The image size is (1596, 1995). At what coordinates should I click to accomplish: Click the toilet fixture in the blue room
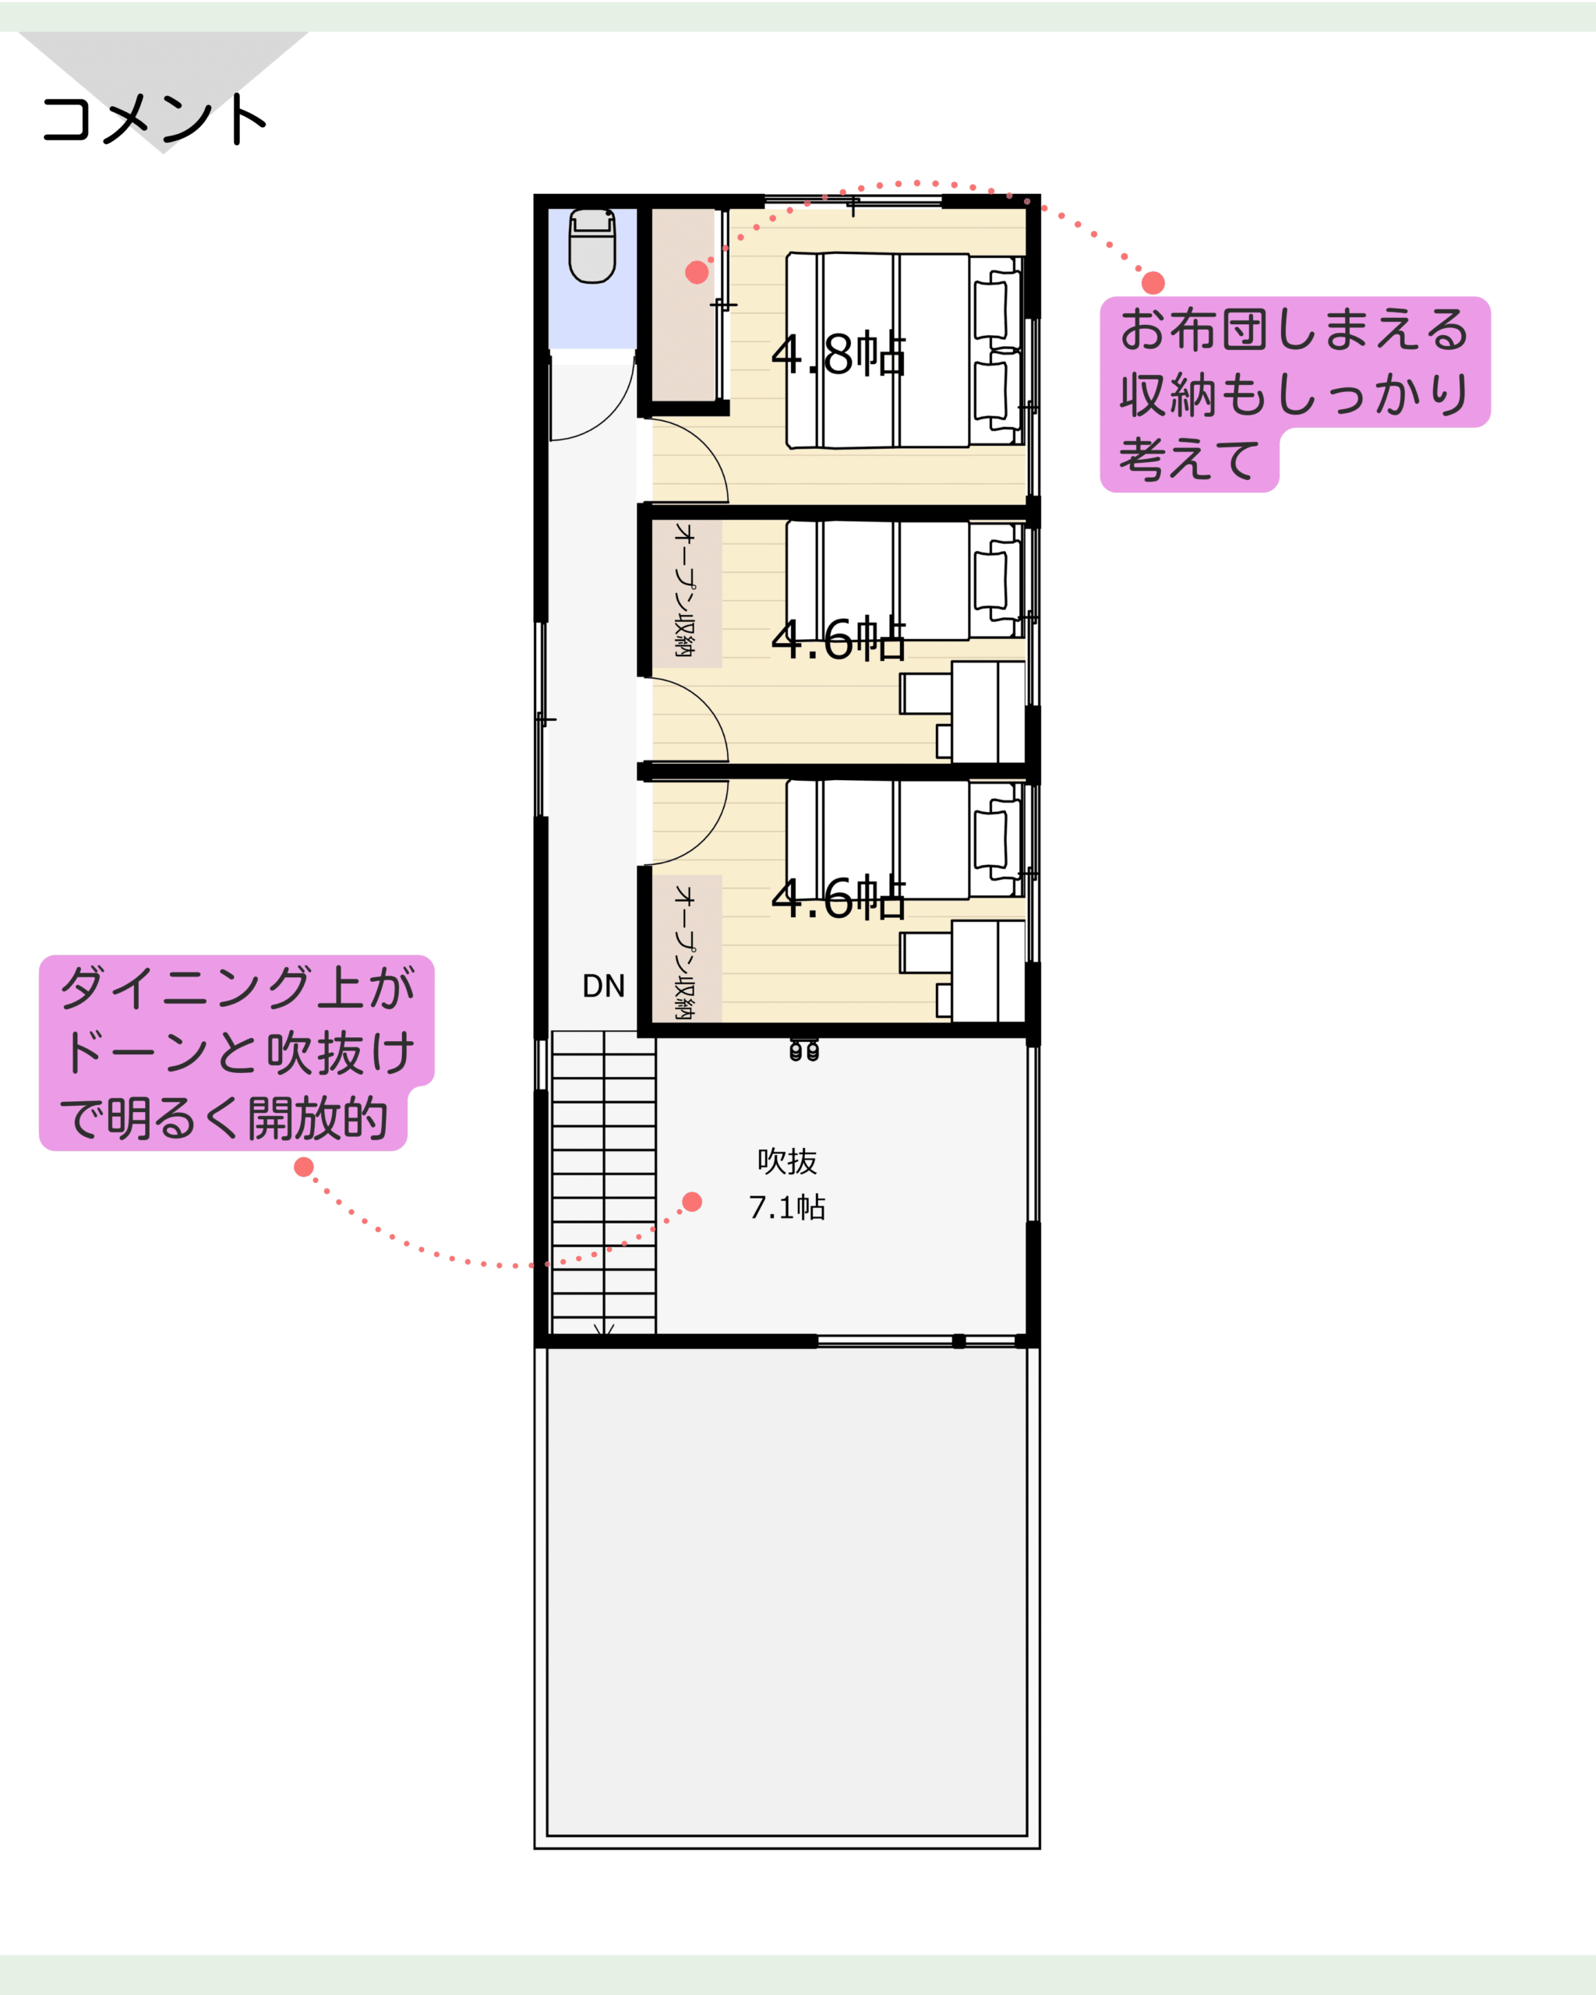[x=592, y=245]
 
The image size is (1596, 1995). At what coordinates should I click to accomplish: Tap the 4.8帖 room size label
[x=839, y=354]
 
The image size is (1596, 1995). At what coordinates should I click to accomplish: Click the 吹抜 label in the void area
[x=786, y=1161]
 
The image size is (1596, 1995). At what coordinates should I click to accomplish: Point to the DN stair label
[x=603, y=987]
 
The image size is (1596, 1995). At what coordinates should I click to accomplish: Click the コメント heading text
[x=154, y=118]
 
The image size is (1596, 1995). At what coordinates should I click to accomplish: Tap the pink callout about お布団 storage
[x=1294, y=394]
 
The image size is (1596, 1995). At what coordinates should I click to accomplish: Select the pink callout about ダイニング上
[x=236, y=1053]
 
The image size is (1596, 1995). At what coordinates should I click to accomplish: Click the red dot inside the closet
[x=697, y=272]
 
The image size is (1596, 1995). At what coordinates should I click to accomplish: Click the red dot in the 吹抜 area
[x=692, y=1202]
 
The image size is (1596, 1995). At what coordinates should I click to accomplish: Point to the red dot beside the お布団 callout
[x=1153, y=282]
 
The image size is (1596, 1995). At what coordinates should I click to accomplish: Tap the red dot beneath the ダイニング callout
[x=303, y=1167]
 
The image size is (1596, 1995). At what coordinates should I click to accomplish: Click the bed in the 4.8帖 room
[x=905, y=351]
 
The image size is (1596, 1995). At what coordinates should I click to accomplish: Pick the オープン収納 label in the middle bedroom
[x=685, y=591]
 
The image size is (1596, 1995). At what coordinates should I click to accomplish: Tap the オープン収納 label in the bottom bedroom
[x=685, y=952]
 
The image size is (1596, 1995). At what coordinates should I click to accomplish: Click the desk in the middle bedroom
[x=988, y=711]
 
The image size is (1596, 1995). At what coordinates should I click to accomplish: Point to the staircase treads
[x=603, y=1184]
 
